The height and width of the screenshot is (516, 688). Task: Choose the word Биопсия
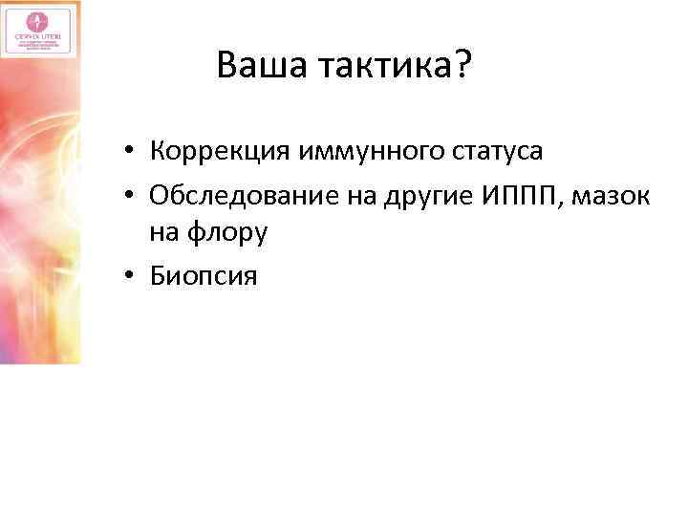point(203,277)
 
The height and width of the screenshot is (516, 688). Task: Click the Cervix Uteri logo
point(38,29)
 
